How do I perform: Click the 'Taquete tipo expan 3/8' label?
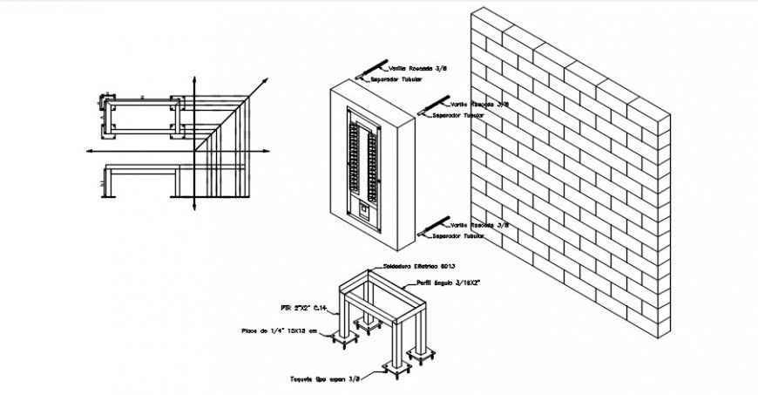pos(325,379)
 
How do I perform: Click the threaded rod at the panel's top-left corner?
pos(372,68)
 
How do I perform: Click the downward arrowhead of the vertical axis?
pos(193,208)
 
